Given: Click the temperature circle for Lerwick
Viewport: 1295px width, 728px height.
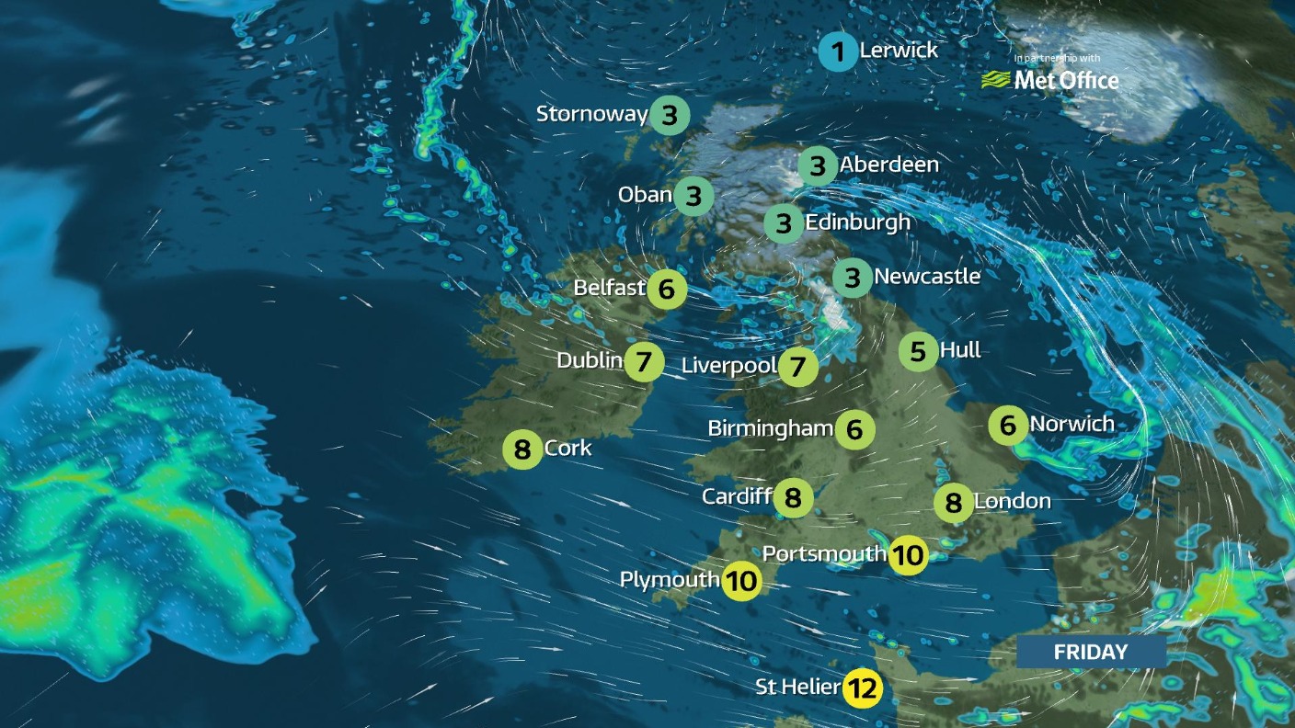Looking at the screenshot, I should point(837,51).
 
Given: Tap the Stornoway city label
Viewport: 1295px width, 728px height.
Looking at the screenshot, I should point(592,114).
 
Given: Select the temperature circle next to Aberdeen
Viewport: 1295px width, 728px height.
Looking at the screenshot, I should point(817,166).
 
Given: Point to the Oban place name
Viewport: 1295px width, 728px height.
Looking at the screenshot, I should point(645,195).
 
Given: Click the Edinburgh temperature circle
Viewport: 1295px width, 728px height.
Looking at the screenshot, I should point(784,223).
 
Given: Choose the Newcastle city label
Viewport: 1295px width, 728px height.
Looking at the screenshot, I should point(927,276).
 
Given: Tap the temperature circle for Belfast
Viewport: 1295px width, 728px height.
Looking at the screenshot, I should point(667,290).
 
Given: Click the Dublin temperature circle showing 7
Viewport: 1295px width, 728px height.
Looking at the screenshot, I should point(644,361).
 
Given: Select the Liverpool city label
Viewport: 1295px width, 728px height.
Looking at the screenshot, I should point(728,366).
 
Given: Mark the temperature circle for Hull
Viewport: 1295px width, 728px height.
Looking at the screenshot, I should point(918,351).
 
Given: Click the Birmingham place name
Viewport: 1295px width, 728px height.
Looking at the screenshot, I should point(770,428).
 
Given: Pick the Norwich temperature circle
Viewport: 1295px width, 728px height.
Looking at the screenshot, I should point(1008,425).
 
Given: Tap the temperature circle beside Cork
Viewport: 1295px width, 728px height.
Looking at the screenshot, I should point(522,450).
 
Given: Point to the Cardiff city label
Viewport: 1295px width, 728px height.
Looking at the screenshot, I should point(736,496).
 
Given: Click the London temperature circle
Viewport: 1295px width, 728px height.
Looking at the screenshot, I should point(953,502).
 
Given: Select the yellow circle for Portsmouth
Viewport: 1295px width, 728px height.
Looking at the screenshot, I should point(907,555).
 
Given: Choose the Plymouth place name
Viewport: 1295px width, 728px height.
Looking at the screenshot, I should point(669,579).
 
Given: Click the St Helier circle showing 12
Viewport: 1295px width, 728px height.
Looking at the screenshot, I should point(863,688).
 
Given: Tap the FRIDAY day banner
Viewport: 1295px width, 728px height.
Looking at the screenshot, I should point(1091,652).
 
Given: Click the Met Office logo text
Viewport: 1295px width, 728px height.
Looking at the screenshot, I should point(1066,81).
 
